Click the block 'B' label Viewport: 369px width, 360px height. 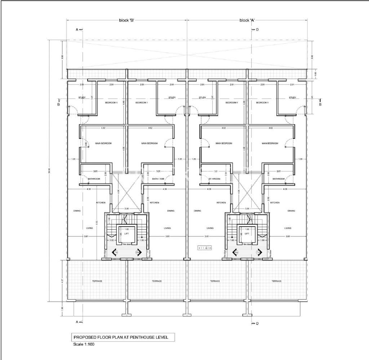click(x=126, y=20)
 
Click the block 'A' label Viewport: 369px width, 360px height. click(x=247, y=20)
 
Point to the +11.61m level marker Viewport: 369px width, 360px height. click(x=204, y=248)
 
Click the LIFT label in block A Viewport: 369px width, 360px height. click(x=247, y=234)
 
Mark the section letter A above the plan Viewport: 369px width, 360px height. click(x=77, y=30)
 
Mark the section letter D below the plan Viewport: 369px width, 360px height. click(x=257, y=323)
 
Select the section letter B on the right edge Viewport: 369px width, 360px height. click(x=320, y=105)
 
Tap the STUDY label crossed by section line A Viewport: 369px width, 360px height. click(x=81, y=98)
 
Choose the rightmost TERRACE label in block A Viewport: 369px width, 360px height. click(x=276, y=281)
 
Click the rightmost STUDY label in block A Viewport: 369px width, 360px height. click(x=292, y=98)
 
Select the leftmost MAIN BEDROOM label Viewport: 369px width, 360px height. click(x=103, y=143)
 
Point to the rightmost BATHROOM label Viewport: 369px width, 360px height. click(x=279, y=179)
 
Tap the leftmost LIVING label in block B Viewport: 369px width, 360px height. click(x=89, y=228)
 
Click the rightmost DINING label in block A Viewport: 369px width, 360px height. click(x=292, y=211)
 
